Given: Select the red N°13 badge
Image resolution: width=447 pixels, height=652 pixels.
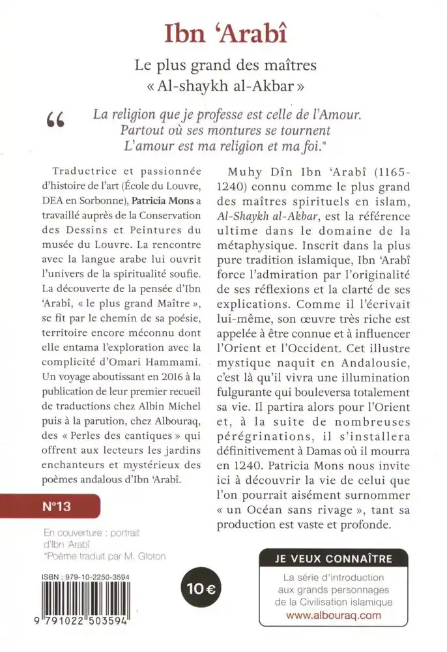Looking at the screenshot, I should pos(50,505).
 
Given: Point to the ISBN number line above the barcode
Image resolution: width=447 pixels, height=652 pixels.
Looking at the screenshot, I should pos(91,576).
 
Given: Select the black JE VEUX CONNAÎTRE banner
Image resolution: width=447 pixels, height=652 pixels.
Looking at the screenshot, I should pos(334,558).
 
